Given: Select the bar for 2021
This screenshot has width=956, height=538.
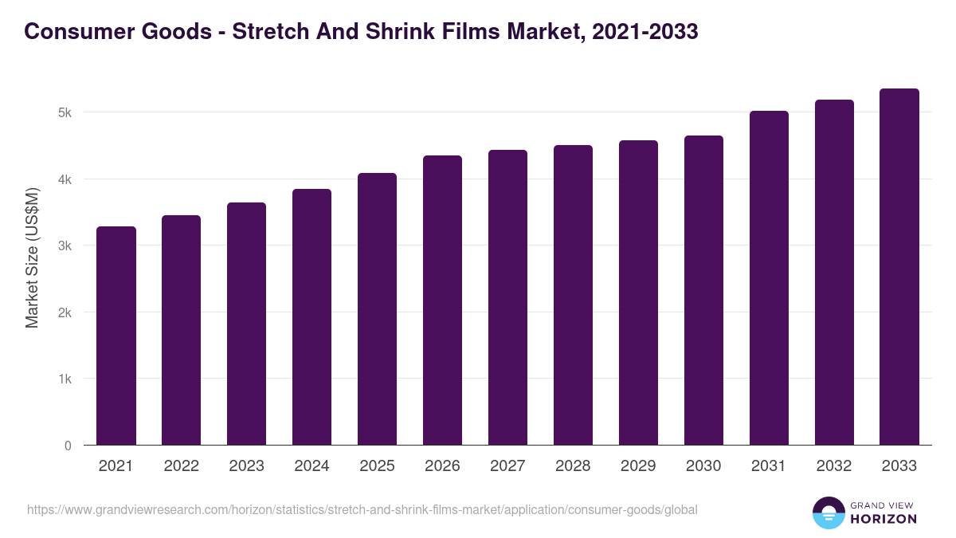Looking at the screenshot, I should [116, 336].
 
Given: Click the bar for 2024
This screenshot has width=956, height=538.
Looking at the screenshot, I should [311, 316].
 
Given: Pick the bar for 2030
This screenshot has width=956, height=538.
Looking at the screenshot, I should [703, 290].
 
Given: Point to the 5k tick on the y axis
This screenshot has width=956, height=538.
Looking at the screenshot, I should [65, 113].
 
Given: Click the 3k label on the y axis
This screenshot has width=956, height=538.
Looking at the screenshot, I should [65, 246].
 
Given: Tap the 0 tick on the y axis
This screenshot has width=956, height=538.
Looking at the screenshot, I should [68, 446].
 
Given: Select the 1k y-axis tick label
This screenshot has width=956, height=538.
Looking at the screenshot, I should [65, 379].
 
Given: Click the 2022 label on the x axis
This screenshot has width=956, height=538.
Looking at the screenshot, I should [181, 466].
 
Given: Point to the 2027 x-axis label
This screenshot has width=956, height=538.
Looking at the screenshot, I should [507, 466].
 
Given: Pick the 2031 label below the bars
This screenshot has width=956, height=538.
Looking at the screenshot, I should [769, 466].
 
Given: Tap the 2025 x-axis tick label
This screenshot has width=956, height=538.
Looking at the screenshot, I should [377, 466].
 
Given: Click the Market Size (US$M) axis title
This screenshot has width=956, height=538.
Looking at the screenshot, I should [32, 257].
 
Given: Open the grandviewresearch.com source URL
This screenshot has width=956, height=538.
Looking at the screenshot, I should [362, 509].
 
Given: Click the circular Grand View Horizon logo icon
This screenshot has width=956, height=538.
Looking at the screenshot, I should [828, 512].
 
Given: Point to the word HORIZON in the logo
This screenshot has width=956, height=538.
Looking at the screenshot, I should [884, 519].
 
